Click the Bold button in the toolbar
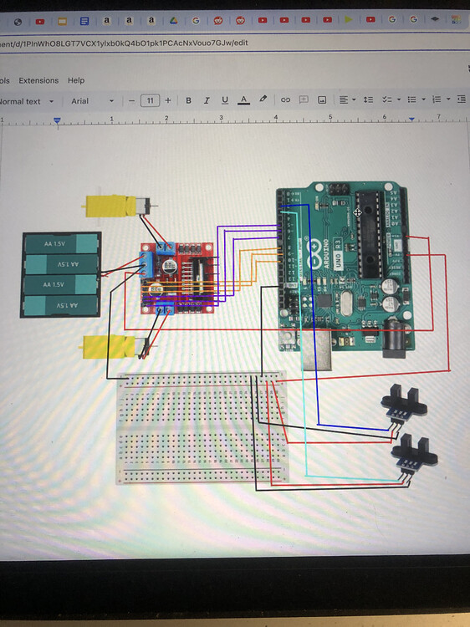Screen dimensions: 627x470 pyautogui.click(x=188, y=100)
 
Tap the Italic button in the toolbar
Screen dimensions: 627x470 pyautogui.click(x=207, y=100)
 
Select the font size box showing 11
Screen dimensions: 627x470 pyautogui.click(x=150, y=100)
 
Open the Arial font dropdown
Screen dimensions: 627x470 pyautogui.click(x=92, y=101)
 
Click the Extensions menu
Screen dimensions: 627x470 pyautogui.click(x=38, y=80)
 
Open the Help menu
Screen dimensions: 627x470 pyautogui.click(x=76, y=80)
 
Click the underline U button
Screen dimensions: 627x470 pyautogui.click(x=225, y=100)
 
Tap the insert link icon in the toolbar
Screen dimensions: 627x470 pyautogui.click(x=285, y=100)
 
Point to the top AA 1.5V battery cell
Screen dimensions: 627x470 pyautogui.click(x=61, y=244)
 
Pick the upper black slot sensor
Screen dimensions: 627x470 pyautogui.click(x=403, y=401)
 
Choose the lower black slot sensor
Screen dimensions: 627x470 pyautogui.click(x=414, y=452)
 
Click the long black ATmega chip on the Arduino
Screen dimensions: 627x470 pyautogui.click(x=369, y=234)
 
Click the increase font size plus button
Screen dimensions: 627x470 pyautogui.click(x=168, y=100)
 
